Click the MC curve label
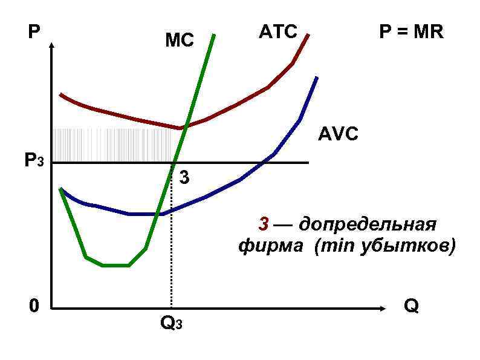[180, 41]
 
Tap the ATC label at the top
[278, 31]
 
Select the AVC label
[338, 134]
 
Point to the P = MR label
[411, 32]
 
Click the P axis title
[34, 31]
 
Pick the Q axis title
[411, 306]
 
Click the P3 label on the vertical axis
[34, 162]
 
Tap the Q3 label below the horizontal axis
[170, 323]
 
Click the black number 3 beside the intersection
[184, 178]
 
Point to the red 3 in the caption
[264, 224]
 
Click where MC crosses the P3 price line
[174, 163]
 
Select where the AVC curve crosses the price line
[264, 162]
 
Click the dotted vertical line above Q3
[172, 242]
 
